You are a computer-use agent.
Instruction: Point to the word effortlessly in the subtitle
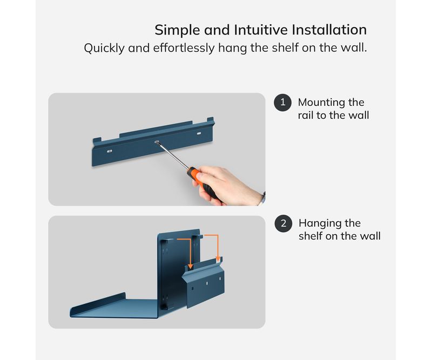coord(184,48)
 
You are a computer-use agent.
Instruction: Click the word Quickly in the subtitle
coord(104,48)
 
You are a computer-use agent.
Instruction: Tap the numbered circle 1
coord(282,103)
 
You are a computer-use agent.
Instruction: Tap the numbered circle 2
coord(283,223)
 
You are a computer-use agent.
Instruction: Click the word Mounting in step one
coord(321,103)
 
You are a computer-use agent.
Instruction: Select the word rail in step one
coord(306,115)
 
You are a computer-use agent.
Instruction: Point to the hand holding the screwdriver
coord(228,186)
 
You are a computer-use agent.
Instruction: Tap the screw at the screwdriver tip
coord(157,142)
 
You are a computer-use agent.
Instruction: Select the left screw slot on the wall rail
coord(110,151)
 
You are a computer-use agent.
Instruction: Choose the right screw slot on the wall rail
coord(199,134)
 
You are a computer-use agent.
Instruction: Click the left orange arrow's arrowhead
coord(190,266)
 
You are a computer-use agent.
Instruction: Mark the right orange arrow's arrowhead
coord(218,259)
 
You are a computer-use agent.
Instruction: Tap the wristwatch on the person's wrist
coord(263,199)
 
